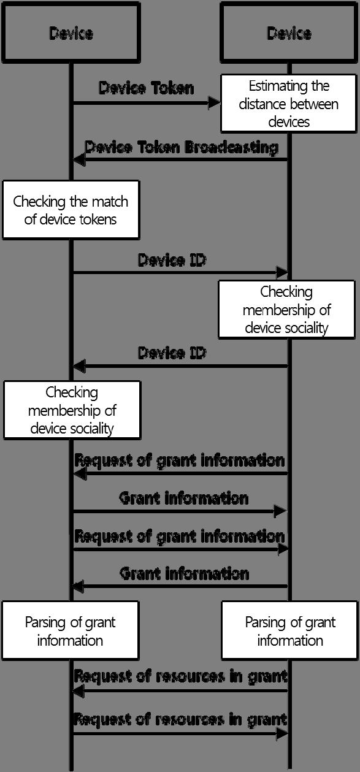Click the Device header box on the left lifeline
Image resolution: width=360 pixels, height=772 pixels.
tap(71, 32)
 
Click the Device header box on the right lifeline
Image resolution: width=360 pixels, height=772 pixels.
tap(289, 32)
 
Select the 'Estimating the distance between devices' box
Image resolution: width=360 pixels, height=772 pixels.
tap(289, 104)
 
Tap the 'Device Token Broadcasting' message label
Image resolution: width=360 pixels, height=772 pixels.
tap(182, 147)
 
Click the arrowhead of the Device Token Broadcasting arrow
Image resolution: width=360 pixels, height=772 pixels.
tap(78, 159)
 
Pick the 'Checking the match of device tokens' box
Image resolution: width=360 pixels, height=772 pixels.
tap(71, 210)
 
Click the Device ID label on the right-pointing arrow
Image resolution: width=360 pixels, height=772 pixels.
tap(172, 260)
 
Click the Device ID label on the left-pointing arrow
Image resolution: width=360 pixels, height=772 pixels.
tap(172, 353)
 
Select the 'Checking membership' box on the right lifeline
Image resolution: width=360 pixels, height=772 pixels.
tap(286, 310)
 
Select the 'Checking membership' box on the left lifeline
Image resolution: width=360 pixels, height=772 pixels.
tap(72, 410)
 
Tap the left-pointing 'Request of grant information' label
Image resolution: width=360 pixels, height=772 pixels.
tap(180, 460)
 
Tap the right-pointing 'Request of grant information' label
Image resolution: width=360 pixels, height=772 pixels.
tap(180, 536)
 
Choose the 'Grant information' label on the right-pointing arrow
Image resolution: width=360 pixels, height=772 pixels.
tap(184, 498)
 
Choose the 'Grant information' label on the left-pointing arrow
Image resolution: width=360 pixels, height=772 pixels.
tap(184, 574)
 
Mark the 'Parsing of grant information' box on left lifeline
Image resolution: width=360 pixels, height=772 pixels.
tap(70, 631)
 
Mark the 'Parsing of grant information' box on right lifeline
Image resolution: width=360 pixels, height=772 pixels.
tap(290, 631)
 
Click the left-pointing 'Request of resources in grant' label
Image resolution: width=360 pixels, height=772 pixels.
tap(180, 677)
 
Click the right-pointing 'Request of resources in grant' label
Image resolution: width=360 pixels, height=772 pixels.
tap(180, 719)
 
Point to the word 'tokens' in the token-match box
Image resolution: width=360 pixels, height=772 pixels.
tap(95, 219)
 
